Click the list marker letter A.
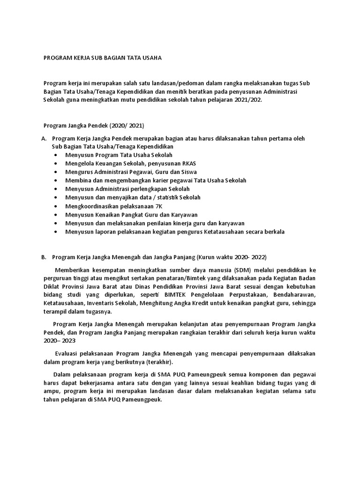tap(44, 138)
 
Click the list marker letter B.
tap(44, 257)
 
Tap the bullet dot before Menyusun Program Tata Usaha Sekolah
tap(56, 155)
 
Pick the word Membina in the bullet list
tap(78, 180)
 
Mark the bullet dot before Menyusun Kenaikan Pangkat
tap(56, 215)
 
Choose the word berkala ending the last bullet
tap(274, 232)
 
